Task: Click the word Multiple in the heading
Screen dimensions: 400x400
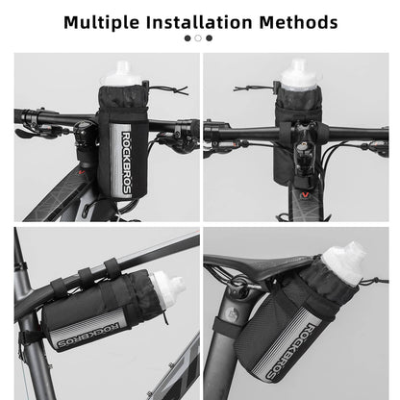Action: click(x=99, y=20)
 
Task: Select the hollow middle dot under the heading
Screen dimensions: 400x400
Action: click(x=198, y=38)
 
